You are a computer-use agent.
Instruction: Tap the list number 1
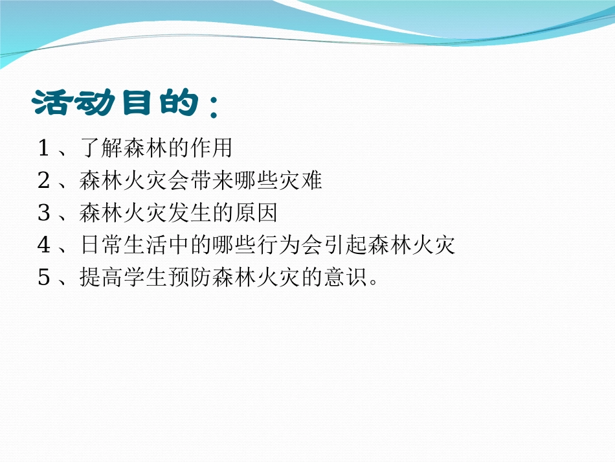(44, 149)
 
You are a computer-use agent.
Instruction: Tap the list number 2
(44, 181)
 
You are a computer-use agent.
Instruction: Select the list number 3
(44, 213)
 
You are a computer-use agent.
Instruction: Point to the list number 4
(44, 245)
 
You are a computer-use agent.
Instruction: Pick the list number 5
(44, 278)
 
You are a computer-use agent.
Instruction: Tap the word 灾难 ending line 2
(301, 181)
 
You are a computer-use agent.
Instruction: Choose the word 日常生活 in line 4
(123, 245)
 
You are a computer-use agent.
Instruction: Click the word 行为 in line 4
(278, 245)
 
